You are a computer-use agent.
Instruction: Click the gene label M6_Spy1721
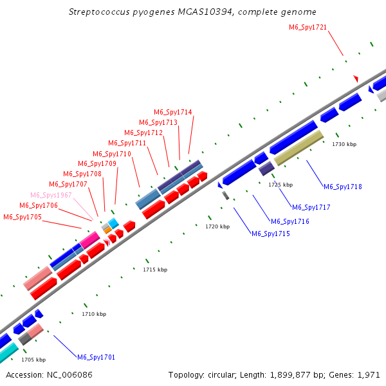tap(308, 27)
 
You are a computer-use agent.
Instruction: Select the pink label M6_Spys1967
tap(51, 195)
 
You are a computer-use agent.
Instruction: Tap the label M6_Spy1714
tap(173, 112)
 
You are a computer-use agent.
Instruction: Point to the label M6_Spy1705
tap(23, 217)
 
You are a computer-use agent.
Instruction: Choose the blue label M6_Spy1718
tap(343, 187)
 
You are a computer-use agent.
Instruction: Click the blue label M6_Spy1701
tap(96, 357)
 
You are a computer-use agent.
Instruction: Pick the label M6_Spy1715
tap(271, 234)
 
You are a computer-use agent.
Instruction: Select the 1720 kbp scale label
tap(217, 226)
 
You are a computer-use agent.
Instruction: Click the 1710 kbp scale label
tap(94, 314)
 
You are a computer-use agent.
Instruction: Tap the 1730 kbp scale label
tap(344, 144)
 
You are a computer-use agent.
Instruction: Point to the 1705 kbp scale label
tap(33, 360)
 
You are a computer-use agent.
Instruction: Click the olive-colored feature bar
tap(299, 148)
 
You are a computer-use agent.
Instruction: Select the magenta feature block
tap(89, 240)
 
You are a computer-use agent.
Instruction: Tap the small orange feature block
tap(108, 230)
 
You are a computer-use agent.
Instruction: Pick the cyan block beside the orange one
tap(113, 223)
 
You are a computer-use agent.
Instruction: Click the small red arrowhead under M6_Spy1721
tap(356, 78)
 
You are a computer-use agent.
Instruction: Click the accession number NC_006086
tap(69, 375)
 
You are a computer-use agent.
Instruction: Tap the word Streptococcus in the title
tap(99, 12)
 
